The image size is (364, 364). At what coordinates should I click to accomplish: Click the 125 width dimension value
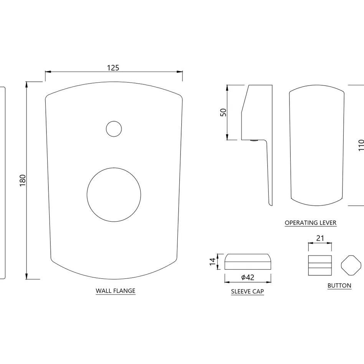tap(113, 68)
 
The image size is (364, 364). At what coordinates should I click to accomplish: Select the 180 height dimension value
tap(23, 180)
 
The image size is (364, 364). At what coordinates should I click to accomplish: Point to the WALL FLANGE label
tap(115, 291)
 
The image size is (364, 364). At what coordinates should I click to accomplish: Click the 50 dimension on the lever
tap(223, 113)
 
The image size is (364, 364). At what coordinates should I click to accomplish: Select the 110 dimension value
tap(361, 145)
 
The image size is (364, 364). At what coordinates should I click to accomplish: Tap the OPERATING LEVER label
tap(311, 223)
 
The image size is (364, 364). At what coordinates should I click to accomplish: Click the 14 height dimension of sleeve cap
tap(213, 261)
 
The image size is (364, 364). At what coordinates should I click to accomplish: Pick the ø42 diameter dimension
tap(248, 277)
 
